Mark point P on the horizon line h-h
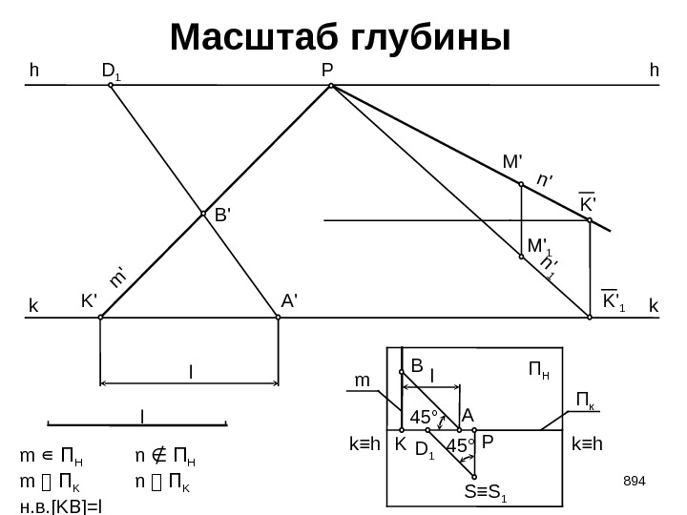pos(330,86)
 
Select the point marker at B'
pos(203,215)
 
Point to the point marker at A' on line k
pos(278,319)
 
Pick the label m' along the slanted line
pos(119,276)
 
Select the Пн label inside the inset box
pos(538,368)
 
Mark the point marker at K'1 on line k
pos(590,319)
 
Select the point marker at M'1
pos(521,256)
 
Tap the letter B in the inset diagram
pos(416,364)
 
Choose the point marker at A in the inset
pos(460,430)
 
